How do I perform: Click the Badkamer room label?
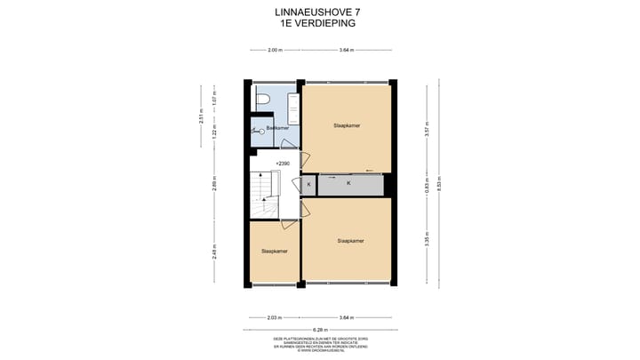[277, 128]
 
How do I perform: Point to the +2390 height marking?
[283, 164]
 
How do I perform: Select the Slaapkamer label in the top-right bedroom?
[347, 126]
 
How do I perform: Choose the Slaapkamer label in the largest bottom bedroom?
[351, 240]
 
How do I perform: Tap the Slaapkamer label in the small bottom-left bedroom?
[275, 252]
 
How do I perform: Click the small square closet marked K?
[308, 184]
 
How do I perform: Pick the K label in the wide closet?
[348, 184]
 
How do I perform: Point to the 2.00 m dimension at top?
[275, 50]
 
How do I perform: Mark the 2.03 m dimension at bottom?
[275, 316]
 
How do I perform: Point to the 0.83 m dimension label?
[427, 185]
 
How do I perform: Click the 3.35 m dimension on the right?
[427, 240]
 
